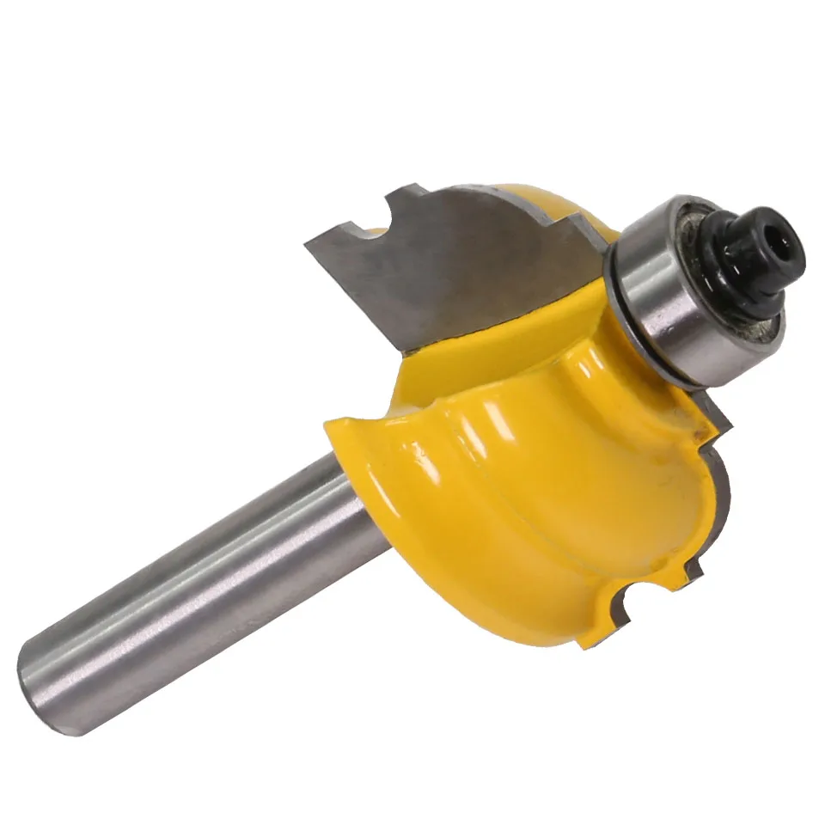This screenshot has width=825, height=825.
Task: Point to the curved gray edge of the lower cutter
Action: click(727, 481)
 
